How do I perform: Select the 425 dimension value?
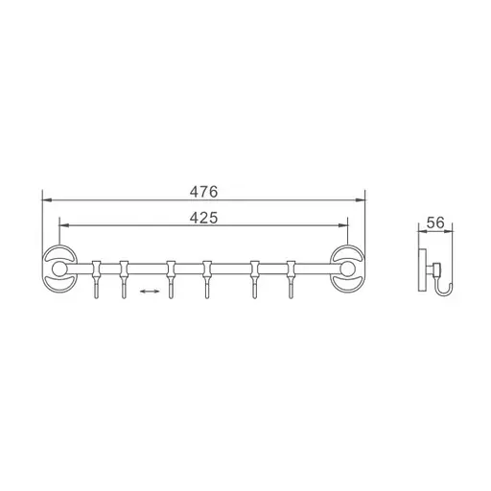[x=203, y=218]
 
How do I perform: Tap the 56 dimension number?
[x=433, y=222]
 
